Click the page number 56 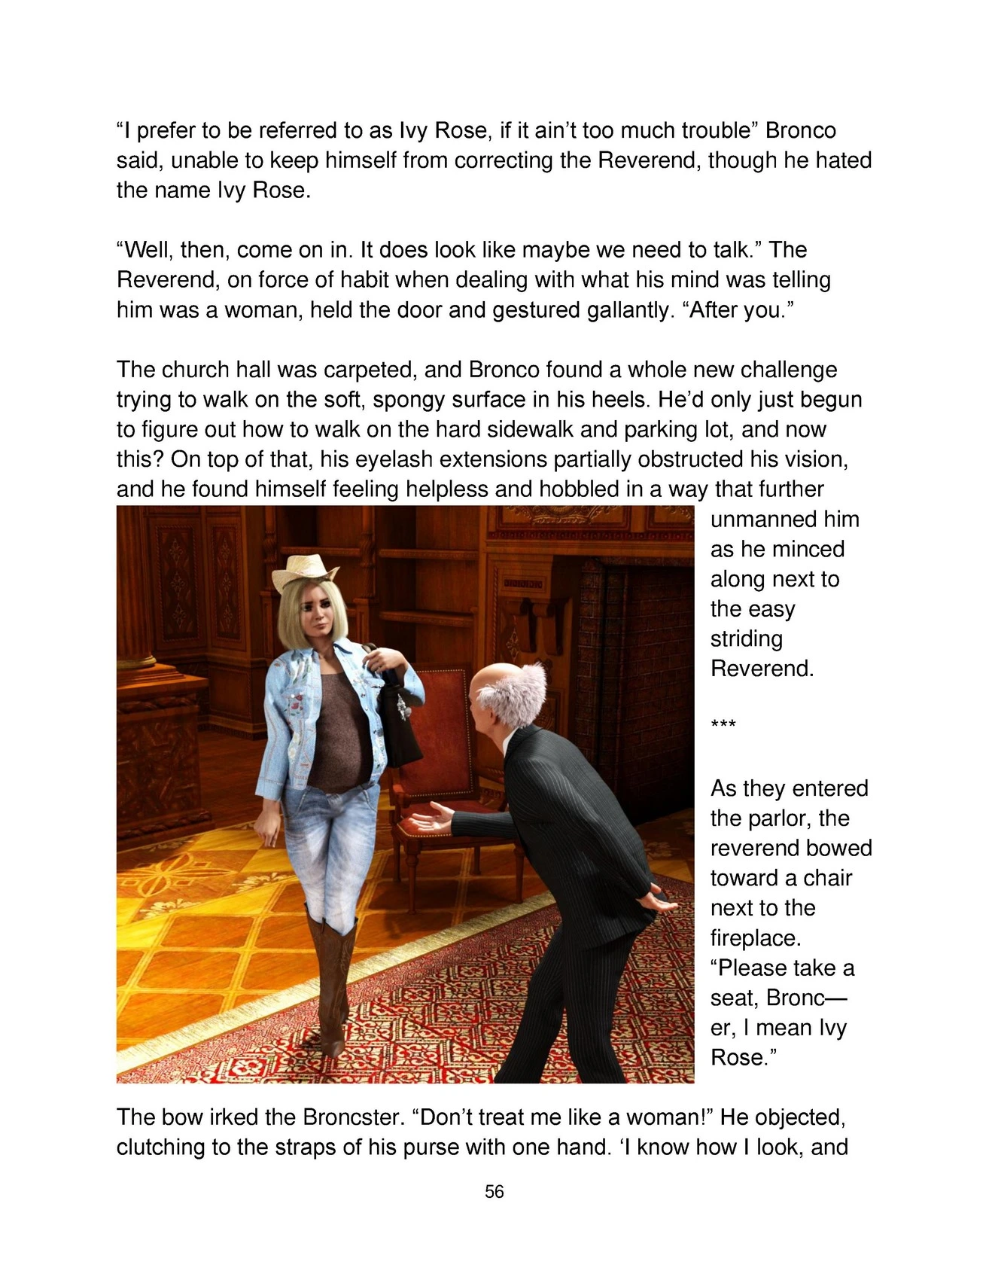(x=494, y=1191)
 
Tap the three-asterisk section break (x=723, y=726)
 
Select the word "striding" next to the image (x=747, y=638)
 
